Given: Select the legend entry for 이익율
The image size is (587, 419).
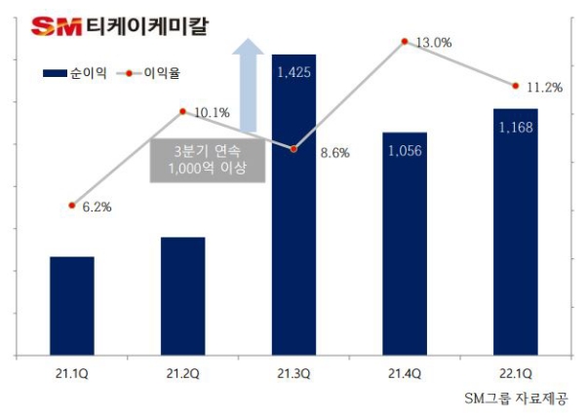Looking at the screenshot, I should pos(156,73).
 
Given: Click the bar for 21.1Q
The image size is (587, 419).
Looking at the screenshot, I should pos(72,306).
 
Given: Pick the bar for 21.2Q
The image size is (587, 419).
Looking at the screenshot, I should pos(182,296).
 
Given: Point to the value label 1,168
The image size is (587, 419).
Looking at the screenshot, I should pos(515,127).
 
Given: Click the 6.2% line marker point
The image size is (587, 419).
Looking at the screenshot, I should pos(72,206).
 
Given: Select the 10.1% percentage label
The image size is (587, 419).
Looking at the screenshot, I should pos(212,113).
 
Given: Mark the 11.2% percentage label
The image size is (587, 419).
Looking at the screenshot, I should pos(544,88).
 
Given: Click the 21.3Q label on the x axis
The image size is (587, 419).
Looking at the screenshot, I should pos(293,373).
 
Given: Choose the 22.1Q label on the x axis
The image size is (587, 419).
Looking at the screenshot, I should pos(515,373).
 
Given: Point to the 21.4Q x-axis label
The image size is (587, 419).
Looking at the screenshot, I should pos(404,373).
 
